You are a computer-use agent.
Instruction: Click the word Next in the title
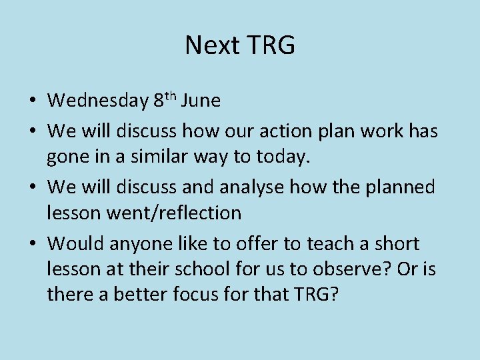click(212, 46)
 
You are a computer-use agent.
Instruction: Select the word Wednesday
click(98, 101)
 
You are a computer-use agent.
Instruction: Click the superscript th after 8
click(171, 96)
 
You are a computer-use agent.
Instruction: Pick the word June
click(201, 101)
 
